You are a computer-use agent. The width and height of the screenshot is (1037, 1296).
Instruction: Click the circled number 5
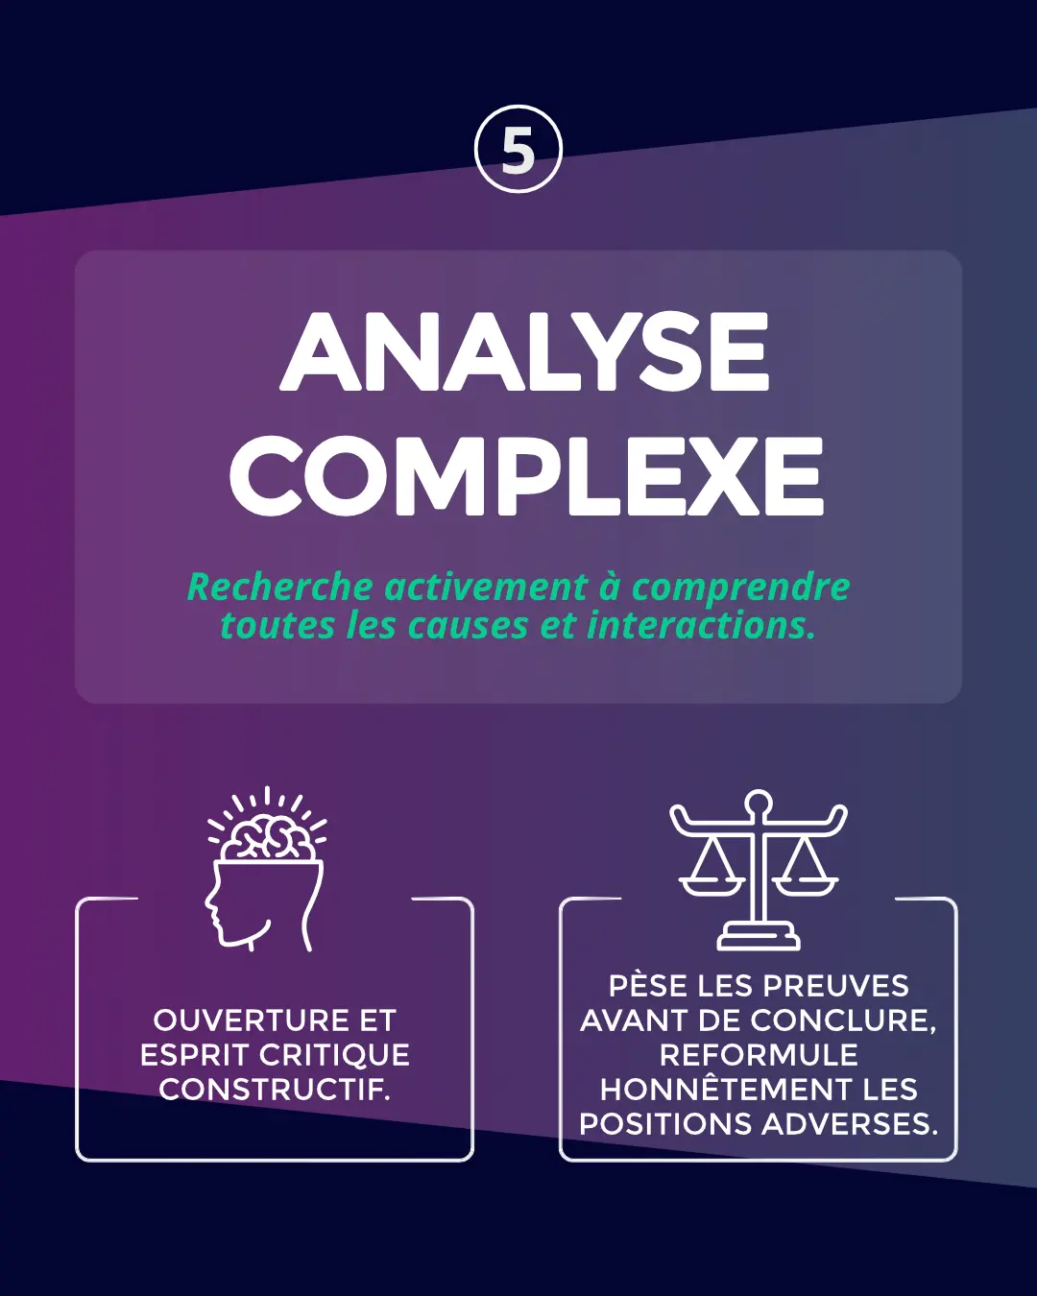click(x=518, y=150)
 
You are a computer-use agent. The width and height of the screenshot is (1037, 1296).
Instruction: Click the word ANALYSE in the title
click(x=525, y=351)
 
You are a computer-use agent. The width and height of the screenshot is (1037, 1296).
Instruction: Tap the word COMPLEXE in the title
click(x=526, y=475)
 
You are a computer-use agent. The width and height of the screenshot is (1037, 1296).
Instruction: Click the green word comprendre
click(x=740, y=588)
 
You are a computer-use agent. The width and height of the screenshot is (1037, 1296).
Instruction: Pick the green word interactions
click(x=701, y=625)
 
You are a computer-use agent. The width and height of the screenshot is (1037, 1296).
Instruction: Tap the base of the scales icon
click(x=758, y=938)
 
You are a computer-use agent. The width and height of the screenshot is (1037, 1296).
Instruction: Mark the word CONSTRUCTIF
click(x=275, y=1090)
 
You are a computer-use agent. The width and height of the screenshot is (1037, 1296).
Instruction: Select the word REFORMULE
click(x=759, y=1055)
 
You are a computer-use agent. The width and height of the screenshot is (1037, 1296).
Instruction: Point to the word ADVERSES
click(x=850, y=1124)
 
